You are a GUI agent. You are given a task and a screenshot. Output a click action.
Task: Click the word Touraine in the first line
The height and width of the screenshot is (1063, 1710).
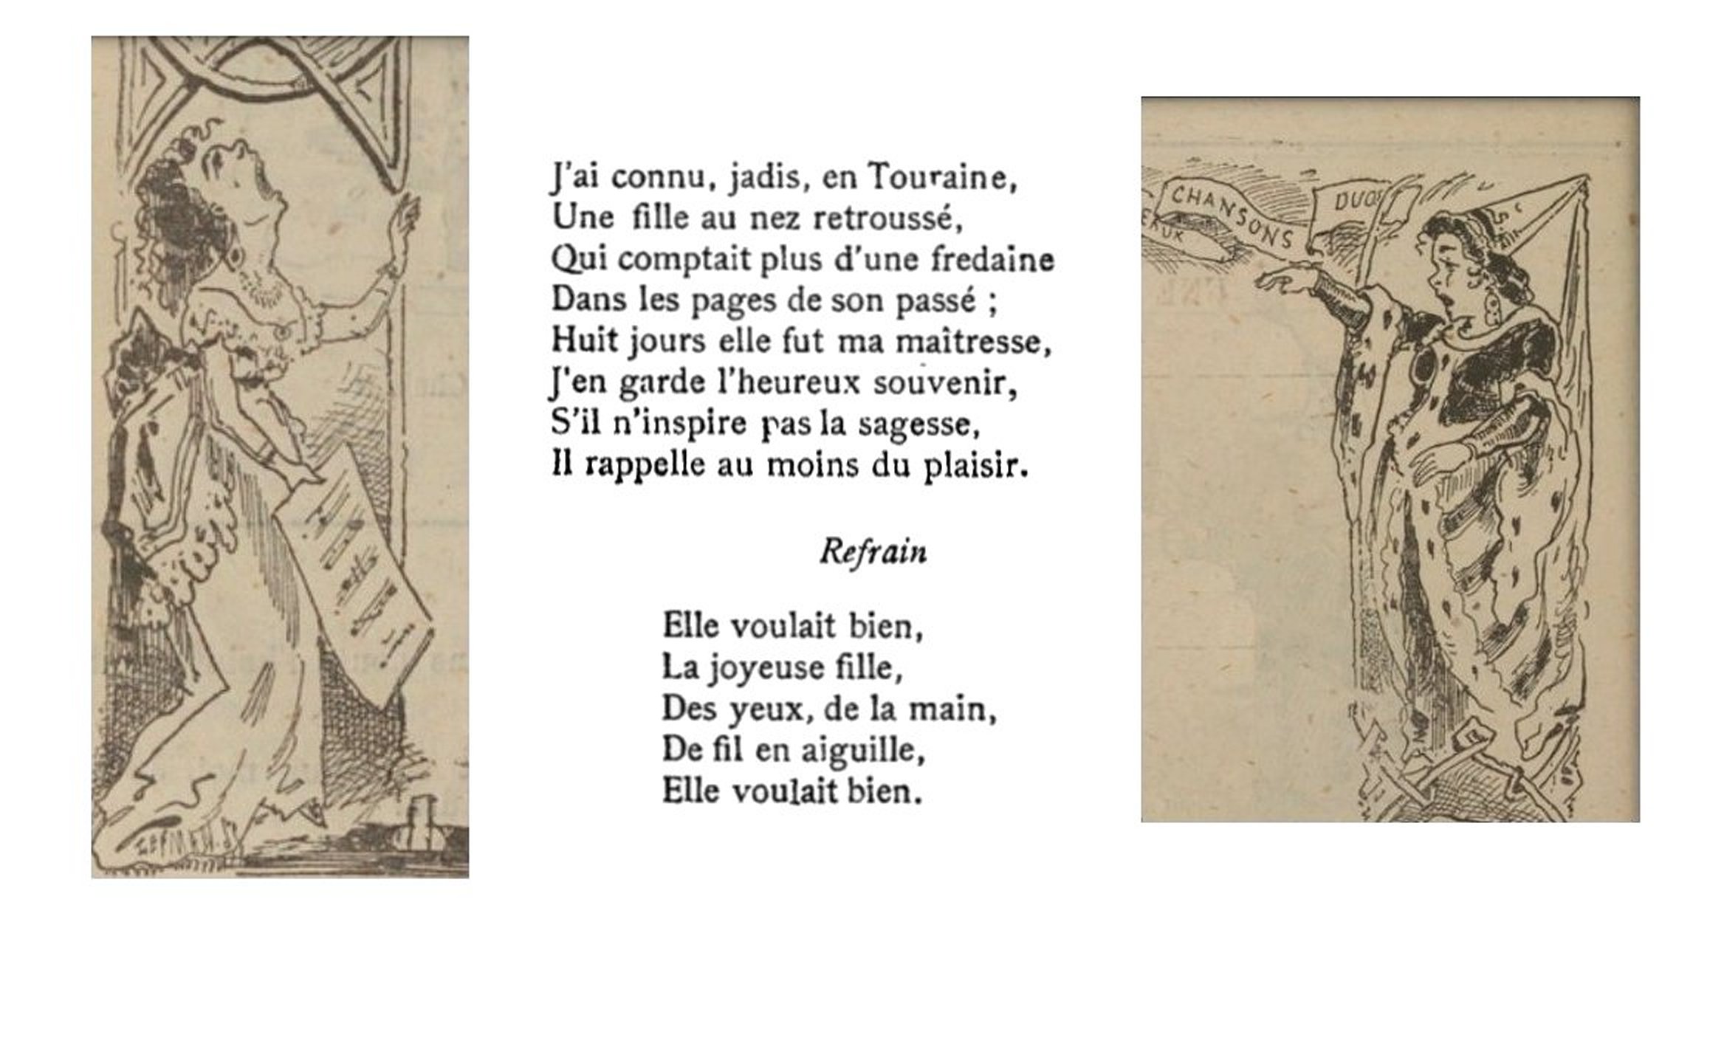tap(942, 177)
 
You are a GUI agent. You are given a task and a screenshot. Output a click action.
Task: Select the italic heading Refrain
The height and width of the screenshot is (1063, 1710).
tap(873, 551)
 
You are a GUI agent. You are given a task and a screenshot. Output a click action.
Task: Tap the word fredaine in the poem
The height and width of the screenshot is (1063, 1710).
tap(992, 259)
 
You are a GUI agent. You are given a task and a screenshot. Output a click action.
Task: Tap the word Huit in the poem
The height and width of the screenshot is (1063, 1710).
tap(585, 341)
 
